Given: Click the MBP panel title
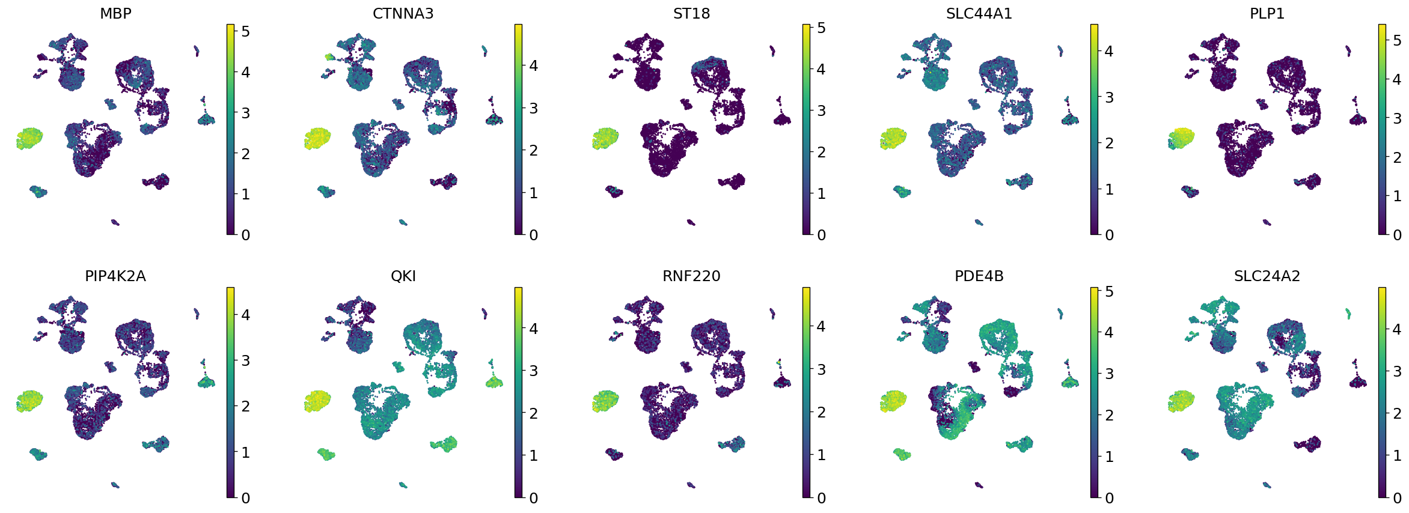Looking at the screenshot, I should tap(115, 13).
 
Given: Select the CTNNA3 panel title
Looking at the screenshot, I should tap(403, 13).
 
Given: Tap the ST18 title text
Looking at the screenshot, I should tap(691, 13).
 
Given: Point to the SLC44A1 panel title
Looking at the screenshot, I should tap(979, 13).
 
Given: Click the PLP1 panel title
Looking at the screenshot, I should tap(1267, 13).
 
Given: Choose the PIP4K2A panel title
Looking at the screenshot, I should tap(115, 276).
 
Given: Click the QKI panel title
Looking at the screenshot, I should tap(403, 276).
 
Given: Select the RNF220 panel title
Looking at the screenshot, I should tap(691, 276).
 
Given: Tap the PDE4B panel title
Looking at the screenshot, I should tap(979, 276).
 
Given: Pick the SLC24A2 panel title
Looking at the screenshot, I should tap(1267, 276).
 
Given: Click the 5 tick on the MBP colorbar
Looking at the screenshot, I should tap(245, 31).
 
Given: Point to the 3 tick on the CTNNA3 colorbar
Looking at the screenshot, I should tap(533, 108).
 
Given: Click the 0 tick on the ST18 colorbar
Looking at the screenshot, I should tap(821, 235).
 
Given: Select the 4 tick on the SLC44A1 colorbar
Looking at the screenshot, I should tap(1108, 51).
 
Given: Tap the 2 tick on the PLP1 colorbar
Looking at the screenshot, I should tap(1396, 157).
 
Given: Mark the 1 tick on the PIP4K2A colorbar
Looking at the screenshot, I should tap(245, 452).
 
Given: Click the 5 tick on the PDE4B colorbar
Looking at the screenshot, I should tap(1108, 292).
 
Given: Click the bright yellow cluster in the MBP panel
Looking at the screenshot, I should tap(29, 138).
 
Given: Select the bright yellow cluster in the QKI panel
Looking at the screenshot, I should tap(317, 401).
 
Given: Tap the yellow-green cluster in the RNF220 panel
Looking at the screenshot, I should tap(605, 401).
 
